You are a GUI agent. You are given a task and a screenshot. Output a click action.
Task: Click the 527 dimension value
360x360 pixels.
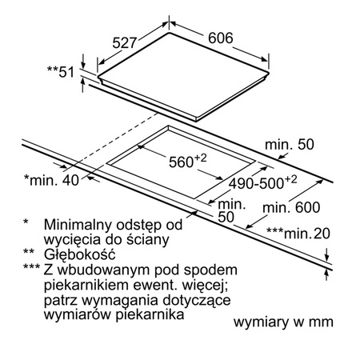pyautogui.click(x=125, y=42)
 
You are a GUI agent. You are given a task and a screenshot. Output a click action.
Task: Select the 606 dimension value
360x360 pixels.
pyautogui.click(x=221, y=38)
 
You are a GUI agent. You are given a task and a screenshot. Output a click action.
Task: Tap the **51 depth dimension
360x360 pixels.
pyautogui.click(x=61, y=71)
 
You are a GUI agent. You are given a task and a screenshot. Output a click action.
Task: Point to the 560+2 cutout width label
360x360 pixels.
pyautogui.click(x=188, y=161)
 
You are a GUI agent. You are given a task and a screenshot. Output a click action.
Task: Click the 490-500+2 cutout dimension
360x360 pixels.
pyautogui.click(x=262, y=182)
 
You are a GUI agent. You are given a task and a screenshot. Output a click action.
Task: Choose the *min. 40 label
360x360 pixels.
pyautogui.click(x=51, y=180)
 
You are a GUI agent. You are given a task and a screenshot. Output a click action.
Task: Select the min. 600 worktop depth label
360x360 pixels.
pyautogui.click(x=291, y=207)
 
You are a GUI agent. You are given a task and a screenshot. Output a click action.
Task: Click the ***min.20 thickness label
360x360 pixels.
pyautogui.click(x=298, y=233)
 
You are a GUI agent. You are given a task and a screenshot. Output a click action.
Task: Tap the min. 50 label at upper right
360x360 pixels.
pyautogui.click(x=290, y=144)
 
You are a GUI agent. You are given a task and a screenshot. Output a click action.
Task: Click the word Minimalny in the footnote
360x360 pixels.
pyautogui.click(x=78, y=225)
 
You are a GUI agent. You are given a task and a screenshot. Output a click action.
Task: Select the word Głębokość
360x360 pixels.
pyautogui.click(x=80, y=254)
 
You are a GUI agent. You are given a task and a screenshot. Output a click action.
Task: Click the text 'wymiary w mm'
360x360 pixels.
pyautogui.click(x=283, y=322)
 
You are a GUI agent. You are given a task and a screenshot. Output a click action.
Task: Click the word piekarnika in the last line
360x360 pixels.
pyautogui.click(x=150, y=314)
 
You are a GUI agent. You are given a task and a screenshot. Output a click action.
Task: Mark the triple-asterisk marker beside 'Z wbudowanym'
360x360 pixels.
pyautogui.click(x=31, y=267)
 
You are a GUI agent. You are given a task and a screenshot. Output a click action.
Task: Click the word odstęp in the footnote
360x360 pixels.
pyautogui.click(x=138, y=226)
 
